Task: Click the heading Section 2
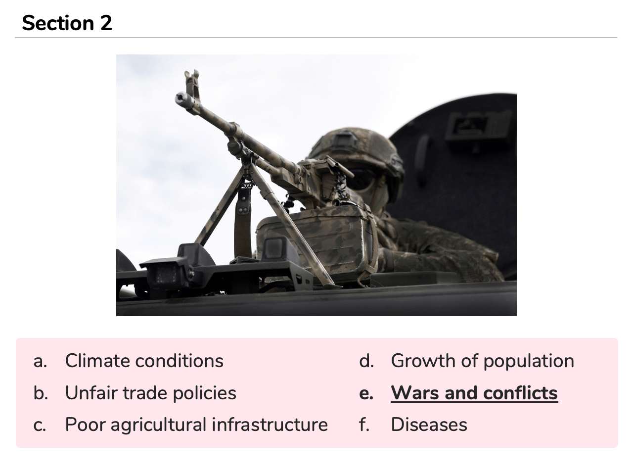[67, 23]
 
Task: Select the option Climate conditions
[144, 361]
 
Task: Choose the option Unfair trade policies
[150, 393]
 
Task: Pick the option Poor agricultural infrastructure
[196, 425]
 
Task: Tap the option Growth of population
[483, 361]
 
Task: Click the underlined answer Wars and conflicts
[474, 393]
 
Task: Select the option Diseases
[429, 425]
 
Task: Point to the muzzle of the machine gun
[181, 98]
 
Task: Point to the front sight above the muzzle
[192, 84]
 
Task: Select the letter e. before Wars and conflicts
[366, 393]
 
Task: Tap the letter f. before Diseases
[364, 425]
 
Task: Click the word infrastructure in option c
[270, 425]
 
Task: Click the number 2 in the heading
[106, 23]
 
